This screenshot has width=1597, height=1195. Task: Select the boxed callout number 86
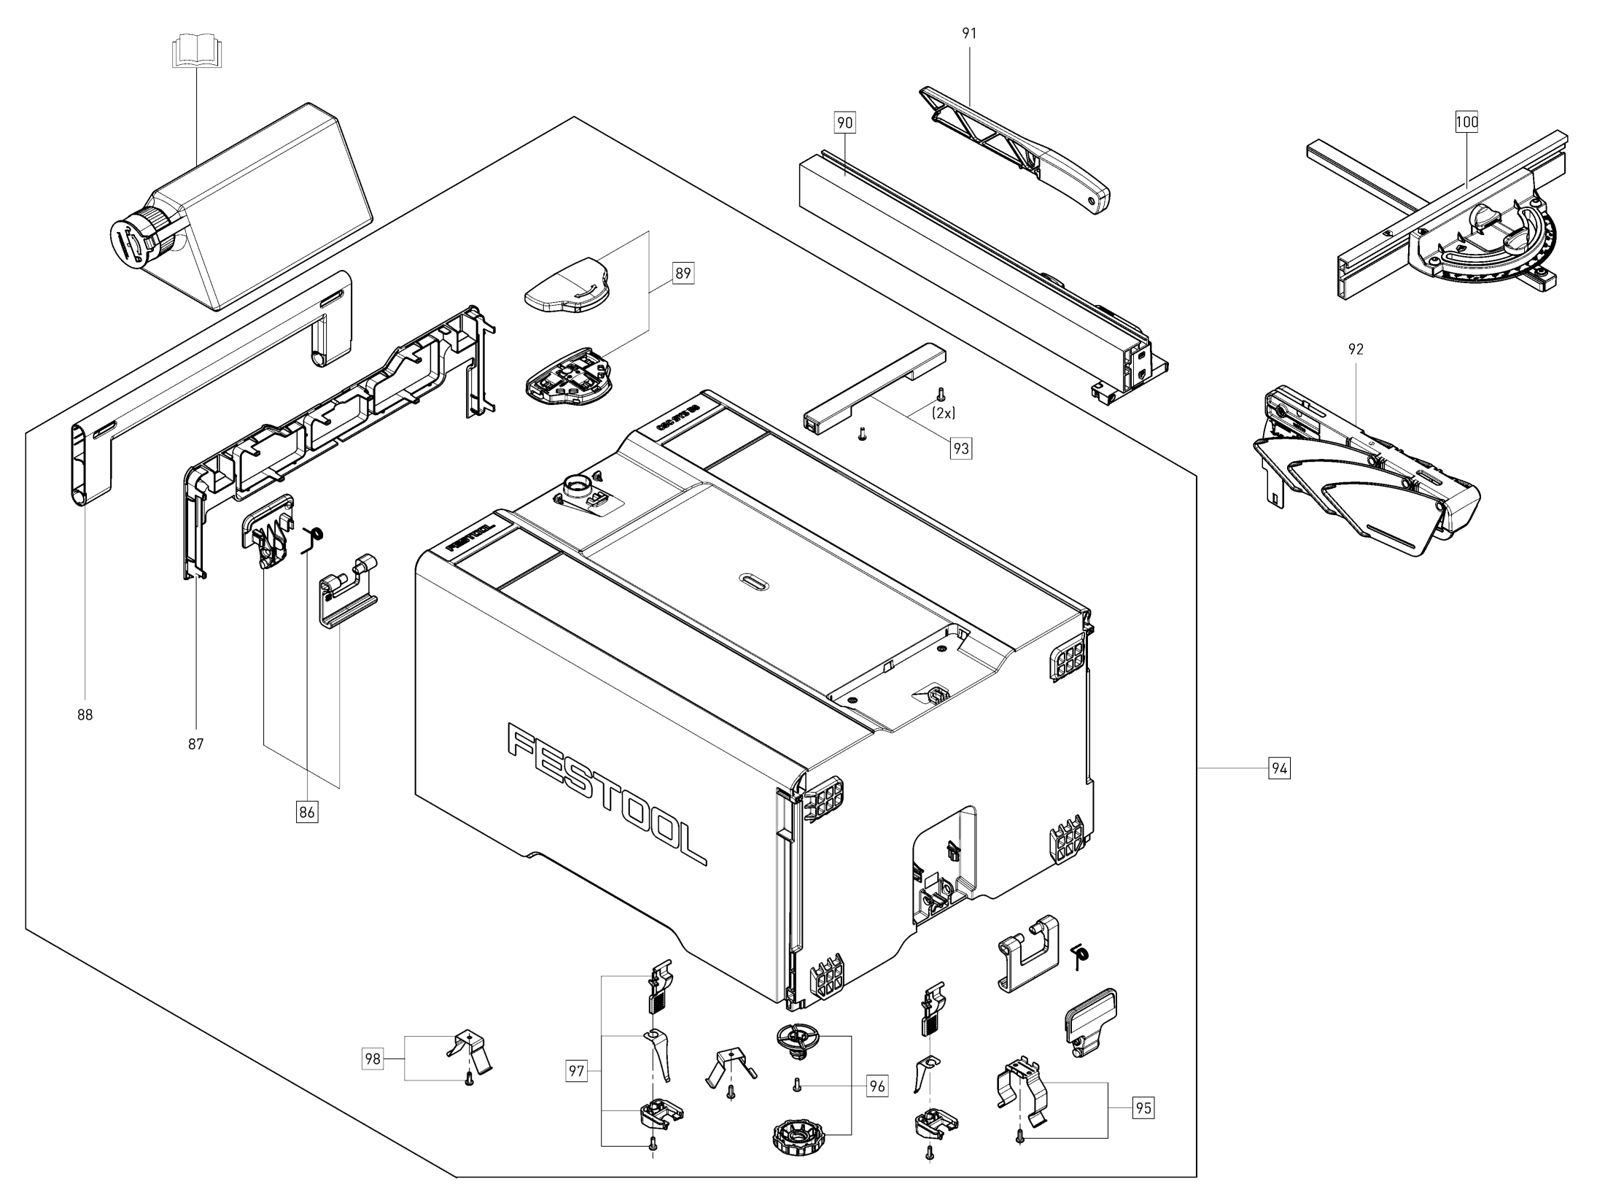(307, 811)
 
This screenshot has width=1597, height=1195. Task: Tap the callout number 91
(969, 33)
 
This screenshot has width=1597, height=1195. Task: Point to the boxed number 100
(1466, 122)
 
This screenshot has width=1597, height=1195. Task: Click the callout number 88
(85, 715)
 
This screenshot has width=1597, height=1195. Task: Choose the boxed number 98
(373, 1059)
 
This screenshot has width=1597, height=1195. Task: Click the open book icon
(195, 54)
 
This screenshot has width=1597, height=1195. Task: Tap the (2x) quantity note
(944, 413)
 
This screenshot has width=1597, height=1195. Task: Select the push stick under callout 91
(1021, 153)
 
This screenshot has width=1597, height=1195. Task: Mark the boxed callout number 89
(683, 274)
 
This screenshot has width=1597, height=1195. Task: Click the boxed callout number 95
(1143, 1108)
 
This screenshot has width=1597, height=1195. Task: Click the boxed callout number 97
(576, 1071)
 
